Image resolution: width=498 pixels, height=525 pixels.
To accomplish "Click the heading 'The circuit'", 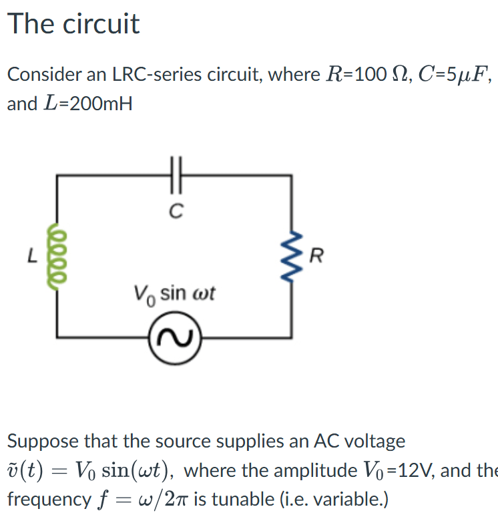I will pyautogui.click(x=73, y=24).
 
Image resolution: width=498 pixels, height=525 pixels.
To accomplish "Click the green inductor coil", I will pyautogui.click(x=57, y=254).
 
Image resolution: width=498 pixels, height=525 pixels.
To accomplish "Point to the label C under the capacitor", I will pyautogui.click(x=176, y=212).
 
